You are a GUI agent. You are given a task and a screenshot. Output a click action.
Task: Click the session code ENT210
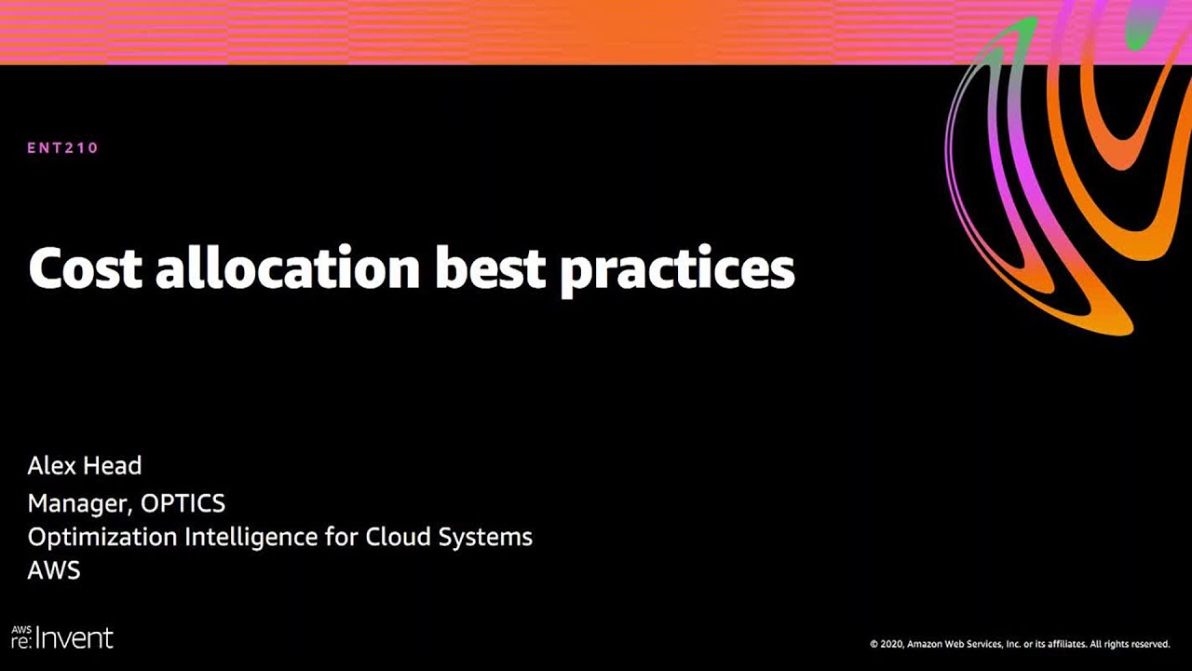62,147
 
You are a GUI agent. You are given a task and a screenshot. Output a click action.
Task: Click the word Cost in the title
85,267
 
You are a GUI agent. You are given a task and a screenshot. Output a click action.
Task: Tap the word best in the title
491,267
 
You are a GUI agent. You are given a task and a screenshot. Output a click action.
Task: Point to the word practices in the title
678,270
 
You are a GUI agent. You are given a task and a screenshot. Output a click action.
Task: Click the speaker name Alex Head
85,465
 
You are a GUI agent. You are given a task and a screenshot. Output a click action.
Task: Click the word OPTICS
183,502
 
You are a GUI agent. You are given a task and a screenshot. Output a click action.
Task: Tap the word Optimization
102,538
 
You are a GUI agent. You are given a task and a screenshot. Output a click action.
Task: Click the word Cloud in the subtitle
398,536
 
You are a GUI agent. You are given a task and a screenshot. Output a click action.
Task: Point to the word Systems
485,538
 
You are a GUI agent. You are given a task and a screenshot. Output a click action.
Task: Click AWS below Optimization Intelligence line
54,570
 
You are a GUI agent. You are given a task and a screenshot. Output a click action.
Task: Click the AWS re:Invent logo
62,637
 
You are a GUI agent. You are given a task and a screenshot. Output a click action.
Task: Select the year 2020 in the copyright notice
892,644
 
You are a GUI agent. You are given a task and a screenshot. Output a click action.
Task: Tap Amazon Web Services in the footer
953,644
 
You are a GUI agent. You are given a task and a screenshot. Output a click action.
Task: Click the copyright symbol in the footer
874,644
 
